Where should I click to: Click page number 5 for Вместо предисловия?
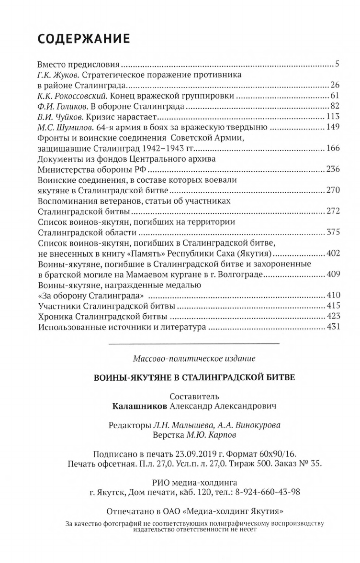pos(337,63)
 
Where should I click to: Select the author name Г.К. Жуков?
pos(56,75)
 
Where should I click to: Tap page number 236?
pos(332,169)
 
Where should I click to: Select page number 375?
pos(332,232)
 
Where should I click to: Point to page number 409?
pos(332,274)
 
